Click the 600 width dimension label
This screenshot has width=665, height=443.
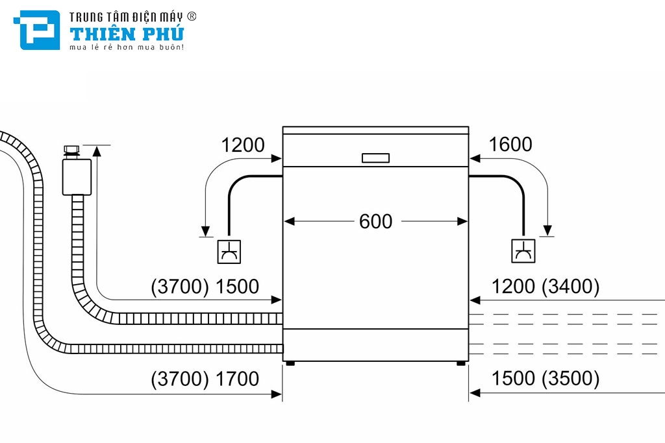pyautogui.click(x=375, y=222)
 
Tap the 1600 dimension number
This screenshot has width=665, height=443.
pyautogui.click(x=510, y=145)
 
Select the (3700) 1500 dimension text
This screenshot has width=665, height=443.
pyautogui.click(x=205, y=287)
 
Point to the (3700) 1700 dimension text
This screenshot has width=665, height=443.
pyautogui.click(x=205, y=379)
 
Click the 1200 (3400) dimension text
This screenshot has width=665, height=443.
pyautogui.click(x=546, y=287)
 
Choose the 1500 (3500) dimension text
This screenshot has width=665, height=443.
pyautogui.click(x=546, y=379)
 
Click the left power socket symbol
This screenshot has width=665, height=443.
pyautogui.click(x=229, y=251)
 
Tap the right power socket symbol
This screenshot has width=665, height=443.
pyautogui.click(x=523, y=251)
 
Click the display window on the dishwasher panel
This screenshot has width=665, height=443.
pyautogui.click(x=375, y=158)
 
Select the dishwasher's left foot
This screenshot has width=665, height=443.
pyautogui.click(x=290, y=363)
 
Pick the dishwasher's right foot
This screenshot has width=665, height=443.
pyautogui.click(x=461, y=363)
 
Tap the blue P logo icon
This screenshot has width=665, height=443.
pyautogui.click(x=40, y=30)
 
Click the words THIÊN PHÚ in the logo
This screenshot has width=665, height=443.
pyautogui.click(x=127, y=34)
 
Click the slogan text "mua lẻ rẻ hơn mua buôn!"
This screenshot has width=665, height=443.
pyautogui.click(x=127, y=47)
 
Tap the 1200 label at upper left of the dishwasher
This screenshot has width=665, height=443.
pyautogui.click(x=243, y=145)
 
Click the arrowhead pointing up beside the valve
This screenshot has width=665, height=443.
pyautogui.click(x=97, y=151)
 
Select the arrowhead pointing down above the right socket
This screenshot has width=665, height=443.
pyautogui.click(x=548, y=230)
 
